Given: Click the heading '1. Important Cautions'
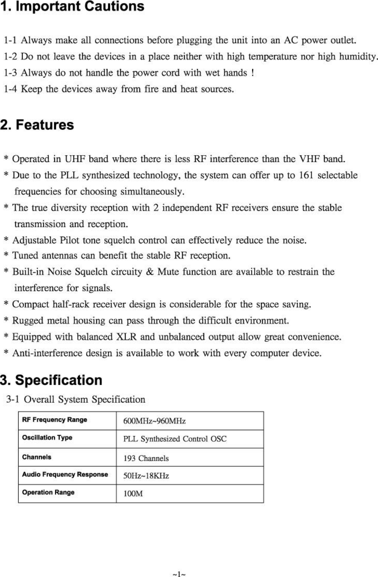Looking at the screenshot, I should [72, 7].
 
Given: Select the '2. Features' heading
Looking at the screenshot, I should [37, 125].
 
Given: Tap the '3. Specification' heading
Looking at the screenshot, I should [51, 380].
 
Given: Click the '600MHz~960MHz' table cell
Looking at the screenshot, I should [154, 421].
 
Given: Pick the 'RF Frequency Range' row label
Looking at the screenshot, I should [55, 420].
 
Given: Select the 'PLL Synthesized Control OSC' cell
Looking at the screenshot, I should [175, 439].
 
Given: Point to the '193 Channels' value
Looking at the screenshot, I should [146, 458].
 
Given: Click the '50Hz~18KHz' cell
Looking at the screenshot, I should [146, 476].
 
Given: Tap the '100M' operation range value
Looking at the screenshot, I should [133, 494].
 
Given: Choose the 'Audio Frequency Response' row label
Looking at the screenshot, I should [65, 475].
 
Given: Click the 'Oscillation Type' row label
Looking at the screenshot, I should [47, 438].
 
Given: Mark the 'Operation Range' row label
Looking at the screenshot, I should [48, 492].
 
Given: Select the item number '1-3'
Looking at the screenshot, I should [10, 73].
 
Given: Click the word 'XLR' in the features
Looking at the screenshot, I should [126, 337].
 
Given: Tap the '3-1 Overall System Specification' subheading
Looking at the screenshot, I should [76, 400].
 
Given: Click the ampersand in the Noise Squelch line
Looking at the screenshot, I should [150, 272].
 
